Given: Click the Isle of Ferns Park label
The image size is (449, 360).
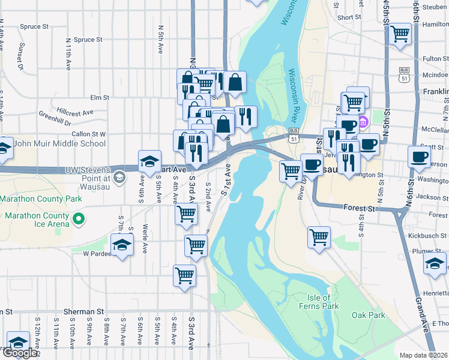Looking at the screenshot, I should [x=318, y=302].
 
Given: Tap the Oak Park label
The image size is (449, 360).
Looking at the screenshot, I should [x=368, y=315].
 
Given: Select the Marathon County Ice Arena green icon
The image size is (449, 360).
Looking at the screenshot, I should [x=78, y=220].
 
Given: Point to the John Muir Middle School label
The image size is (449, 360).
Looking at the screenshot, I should [x=59, y=143].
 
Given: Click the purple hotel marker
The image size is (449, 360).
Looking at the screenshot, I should [x=364, y=123].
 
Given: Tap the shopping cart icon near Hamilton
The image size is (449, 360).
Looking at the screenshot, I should [x=400, y=34].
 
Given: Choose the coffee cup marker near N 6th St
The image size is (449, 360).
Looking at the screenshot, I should [x=418, y=157].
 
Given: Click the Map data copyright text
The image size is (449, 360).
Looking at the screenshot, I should [x=423, y=355].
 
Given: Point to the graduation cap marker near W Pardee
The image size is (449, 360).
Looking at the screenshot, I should [x=122, y=245].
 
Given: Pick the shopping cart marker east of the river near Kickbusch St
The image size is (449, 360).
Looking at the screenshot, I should [x=319, y=236].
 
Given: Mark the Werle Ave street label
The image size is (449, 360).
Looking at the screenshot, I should [x=146, y=238].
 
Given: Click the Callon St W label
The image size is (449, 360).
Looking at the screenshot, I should [x=88, y=134].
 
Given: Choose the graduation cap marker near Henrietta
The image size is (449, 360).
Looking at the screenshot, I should [x=435, y=263].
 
